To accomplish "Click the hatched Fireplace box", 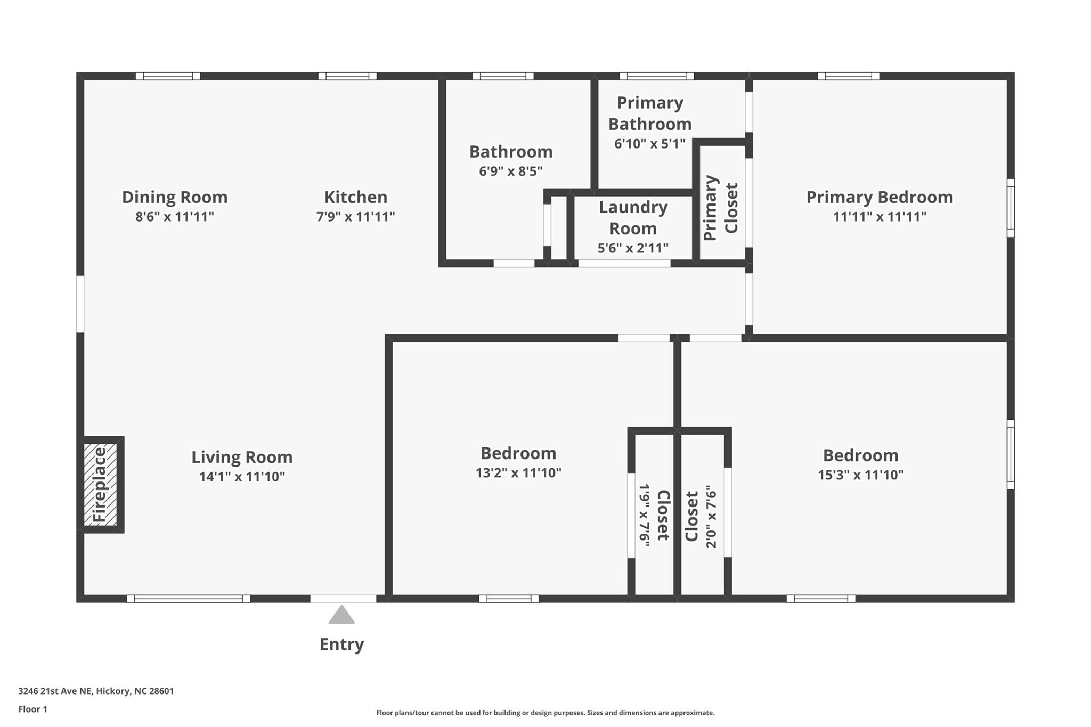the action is [101, 485].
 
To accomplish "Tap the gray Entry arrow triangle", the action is [341, 615].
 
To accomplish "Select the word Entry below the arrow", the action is [341, 644].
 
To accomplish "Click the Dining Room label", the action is [175, 197].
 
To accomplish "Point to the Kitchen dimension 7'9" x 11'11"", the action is [356, 217].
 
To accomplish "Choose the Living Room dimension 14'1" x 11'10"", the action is [242, 477].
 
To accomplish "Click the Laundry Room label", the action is [633, 218].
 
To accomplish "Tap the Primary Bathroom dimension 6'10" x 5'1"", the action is [650, 144].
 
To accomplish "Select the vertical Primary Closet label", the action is [721, 208].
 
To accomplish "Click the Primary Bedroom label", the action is [880, 197].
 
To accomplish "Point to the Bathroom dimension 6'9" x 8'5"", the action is [511, 171].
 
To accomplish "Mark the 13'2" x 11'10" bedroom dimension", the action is [519, 473].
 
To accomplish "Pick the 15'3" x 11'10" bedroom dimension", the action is [861, 475].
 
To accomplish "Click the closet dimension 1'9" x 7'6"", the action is [645, 516].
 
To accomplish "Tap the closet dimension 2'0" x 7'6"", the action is [711, 517].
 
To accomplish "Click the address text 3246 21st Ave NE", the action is [55, 691].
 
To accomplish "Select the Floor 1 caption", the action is [33, 709].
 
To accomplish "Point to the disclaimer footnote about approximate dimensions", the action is [545, 713].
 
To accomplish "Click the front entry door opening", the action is [343, 599].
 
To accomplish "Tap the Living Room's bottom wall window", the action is [189, 599].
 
